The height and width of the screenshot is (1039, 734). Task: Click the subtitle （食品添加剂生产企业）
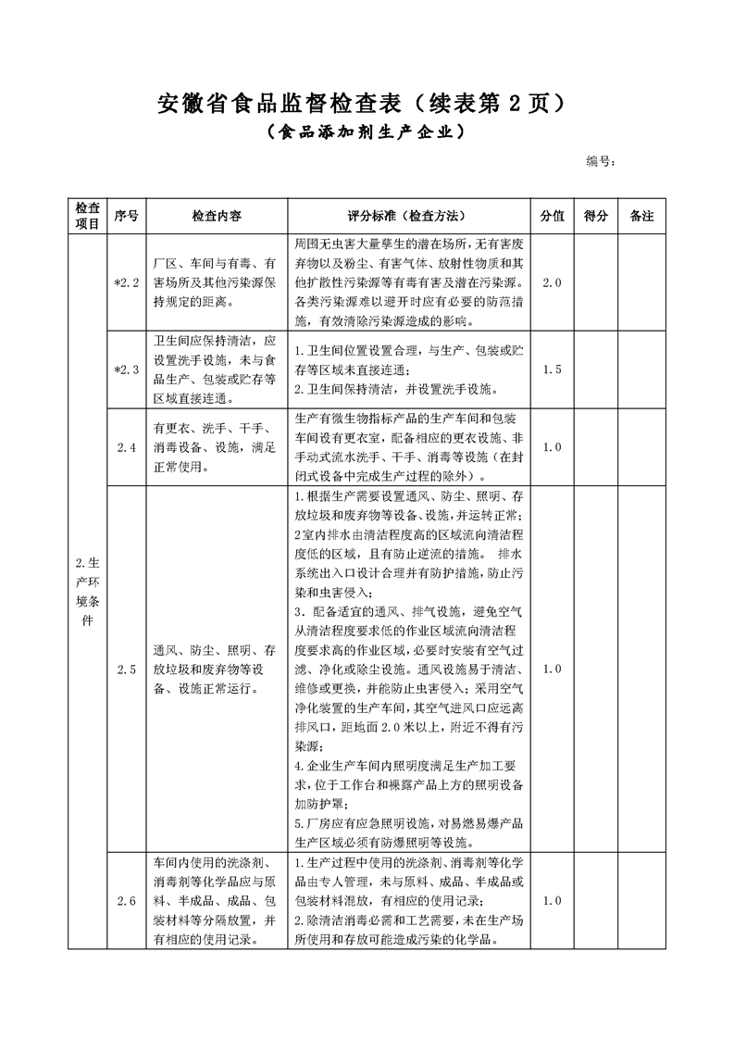(x=366, y=132)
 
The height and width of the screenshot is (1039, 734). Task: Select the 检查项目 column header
(x=88, y=215)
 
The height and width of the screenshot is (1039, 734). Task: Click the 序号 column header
(x=126, y=215)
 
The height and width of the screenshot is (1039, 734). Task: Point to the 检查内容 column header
(x=217, y=215)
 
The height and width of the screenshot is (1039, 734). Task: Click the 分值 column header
(x=552, y=215)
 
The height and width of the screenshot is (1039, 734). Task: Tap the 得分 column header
(x=596, y=215)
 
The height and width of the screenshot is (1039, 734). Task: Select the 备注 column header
(x=641, y=215)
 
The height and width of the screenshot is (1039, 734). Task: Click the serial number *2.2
(x=126, y=281)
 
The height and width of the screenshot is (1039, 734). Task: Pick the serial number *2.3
(x=126, y=369)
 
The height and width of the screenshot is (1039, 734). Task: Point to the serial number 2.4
(x=126, y=447)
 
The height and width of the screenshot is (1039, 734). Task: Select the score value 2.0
(x=552, y=281)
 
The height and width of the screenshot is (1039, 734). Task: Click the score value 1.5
(x=552, y=369)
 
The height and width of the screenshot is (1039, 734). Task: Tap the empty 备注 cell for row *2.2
(x=641, y=281)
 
